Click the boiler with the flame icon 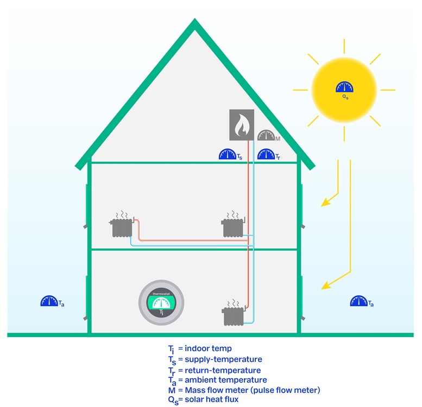pos(241,125)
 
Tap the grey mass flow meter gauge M pos(266,135)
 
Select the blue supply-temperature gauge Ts pos(228,155)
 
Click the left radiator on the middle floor pos(122,227)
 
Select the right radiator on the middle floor pos(232,227)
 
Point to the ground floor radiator pos(233,316)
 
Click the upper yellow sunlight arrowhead pos(325,203)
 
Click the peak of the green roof pos(194,24)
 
